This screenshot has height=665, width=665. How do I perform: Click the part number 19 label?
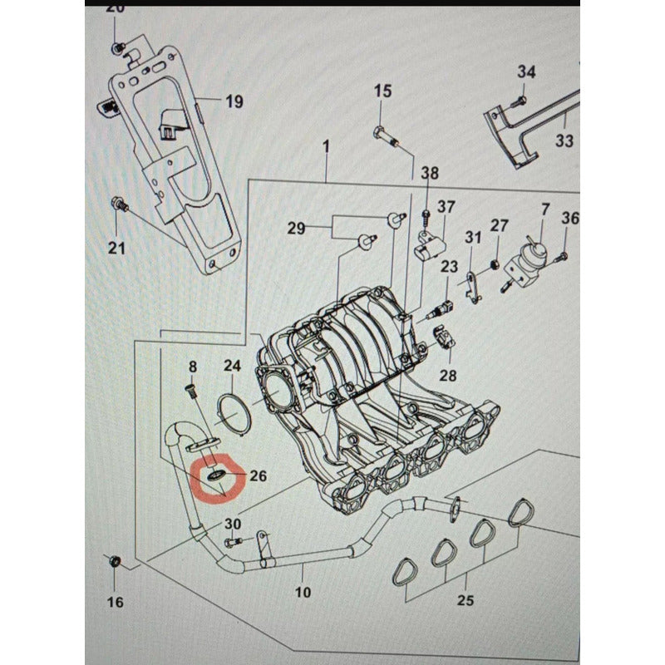coord(234,102)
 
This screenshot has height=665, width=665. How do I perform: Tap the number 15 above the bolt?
coord(382,91)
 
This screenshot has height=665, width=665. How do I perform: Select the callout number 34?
coord(526,71)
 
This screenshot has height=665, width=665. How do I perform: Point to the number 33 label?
coord(564,141)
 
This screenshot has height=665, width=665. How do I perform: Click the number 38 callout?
coord(429,174)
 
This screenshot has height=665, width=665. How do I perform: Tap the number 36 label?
coord(569,219)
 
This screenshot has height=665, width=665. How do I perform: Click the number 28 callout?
coord(448,375)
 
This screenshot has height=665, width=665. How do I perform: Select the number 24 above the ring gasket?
coord(232,366)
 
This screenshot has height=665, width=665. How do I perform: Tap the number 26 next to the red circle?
coord(259,476)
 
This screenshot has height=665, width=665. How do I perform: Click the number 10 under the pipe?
coord(303,592)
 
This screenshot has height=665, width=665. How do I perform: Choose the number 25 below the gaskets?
coord(466,600)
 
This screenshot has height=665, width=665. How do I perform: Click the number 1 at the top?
coord(328,147)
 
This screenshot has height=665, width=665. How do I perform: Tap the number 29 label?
coord(297,228)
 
